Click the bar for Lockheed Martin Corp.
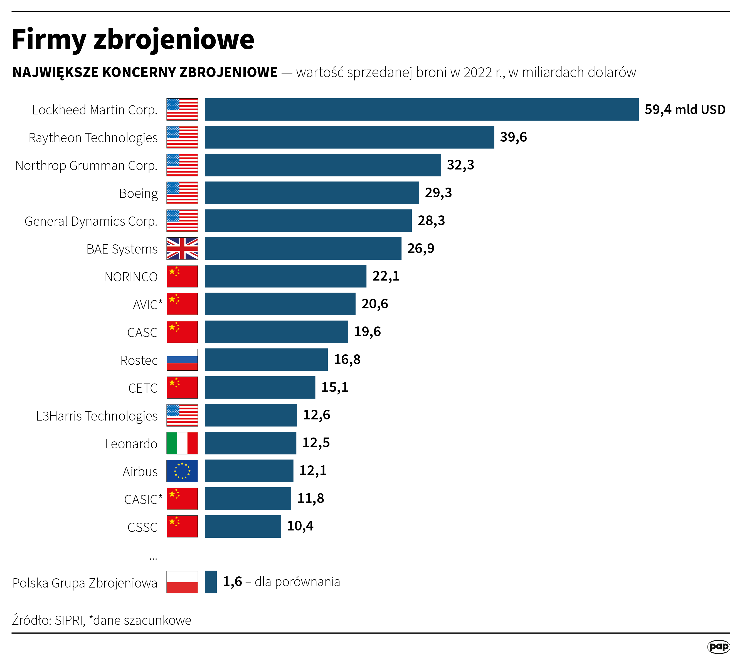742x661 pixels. (421, 109)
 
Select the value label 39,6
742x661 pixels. (513, 137)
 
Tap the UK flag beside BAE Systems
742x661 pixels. (182, 249)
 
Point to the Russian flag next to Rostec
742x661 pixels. (182, 360)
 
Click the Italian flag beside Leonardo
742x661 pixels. (182, 443)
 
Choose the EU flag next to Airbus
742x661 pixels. (182, 471)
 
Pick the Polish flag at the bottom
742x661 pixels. (182, 582)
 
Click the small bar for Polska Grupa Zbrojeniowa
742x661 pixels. (211, 582)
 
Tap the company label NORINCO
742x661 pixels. (131, 277)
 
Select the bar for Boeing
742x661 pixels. (312, 193)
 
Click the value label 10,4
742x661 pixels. (300, 526)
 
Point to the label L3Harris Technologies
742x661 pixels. (97, 416)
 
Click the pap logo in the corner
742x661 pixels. (718, 647)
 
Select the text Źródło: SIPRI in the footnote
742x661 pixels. (49, 620)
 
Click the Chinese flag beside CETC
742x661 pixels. (182, 387)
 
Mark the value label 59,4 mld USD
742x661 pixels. (685, 109)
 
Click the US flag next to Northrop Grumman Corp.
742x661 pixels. (182, 165)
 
